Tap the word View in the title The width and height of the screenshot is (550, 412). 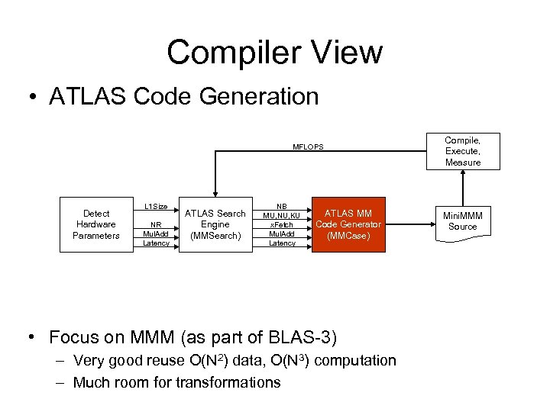pyautogui.click(x=348, y=53)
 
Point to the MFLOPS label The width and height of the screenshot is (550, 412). pyautogui.click(x=309, y=146)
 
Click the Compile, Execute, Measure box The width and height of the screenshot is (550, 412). pyautogui.click(x=463, y=151)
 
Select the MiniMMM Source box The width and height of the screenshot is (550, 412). pyautogui.click(x=463, y=220)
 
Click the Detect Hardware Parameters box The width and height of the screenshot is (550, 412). pyautogui.click(x=96, y=224)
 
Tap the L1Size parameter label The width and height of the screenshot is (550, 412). pyautogui.click(x=156, y=206)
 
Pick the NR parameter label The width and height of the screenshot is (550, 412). pyautogui.click(x=156, y=224)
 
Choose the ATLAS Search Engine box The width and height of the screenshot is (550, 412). pyautogui.click(x=215, y=224)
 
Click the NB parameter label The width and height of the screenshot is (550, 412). pyautogui.click(x=282, y=206)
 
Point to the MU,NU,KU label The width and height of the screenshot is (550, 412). pyautogui.click(x=282, y=215)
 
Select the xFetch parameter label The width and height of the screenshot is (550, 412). pyautogui.click(x=282, y=224)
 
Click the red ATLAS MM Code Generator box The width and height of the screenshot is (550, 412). pyautogui.click(x=348, y=224)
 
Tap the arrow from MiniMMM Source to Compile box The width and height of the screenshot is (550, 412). pyautogui.click(x=463, y=187)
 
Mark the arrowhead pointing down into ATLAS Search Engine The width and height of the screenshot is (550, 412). pyautogui.click(x=215, y=195)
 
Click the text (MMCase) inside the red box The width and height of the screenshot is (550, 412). pyautogui.click(x=348, y=237)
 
